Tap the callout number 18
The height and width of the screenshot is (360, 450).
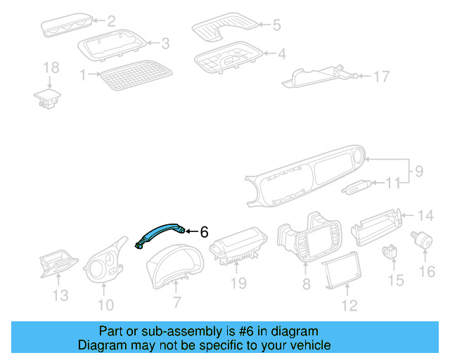51,68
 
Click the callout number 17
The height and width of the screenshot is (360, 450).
380,76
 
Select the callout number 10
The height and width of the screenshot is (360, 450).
105,304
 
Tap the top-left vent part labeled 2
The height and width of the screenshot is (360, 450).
67,27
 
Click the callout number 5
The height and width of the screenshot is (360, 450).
276,25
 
